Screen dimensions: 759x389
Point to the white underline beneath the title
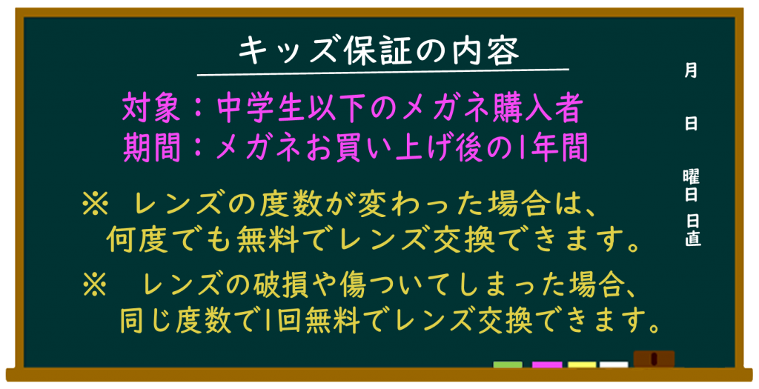click(x=383, y=73)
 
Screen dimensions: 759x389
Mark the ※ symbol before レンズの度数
click(x=95, y=205)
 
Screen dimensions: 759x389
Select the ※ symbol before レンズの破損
click(x=95, y=285)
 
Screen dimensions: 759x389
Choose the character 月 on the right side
click(x=691, y=70)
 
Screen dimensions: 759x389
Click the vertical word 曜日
click(x=692, y=185)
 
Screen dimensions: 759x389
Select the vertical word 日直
click(x=693, y=230)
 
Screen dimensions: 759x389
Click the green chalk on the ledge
click(x=508, y=365)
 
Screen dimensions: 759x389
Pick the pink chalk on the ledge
click(x=547, y=365)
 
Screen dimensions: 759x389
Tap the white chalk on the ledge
click(x=614, y=365)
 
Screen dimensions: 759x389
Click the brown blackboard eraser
click(x=654, y=359)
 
